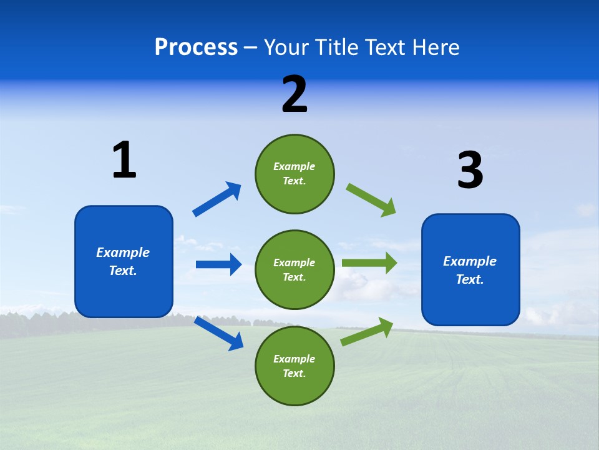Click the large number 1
[x=124, y=160]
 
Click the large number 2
[x=295, y=95]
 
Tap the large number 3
[x=470, y=171]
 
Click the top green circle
[x=295, y=174]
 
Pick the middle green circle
[x=295, y=269]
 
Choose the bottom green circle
[x=295, y=366]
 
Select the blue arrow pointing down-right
[x=219, y=333]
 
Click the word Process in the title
[x=196, y=47]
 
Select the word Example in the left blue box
[x=123, y=252]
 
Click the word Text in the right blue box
[x=469, y=279]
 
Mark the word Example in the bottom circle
[x=294, y=359]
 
